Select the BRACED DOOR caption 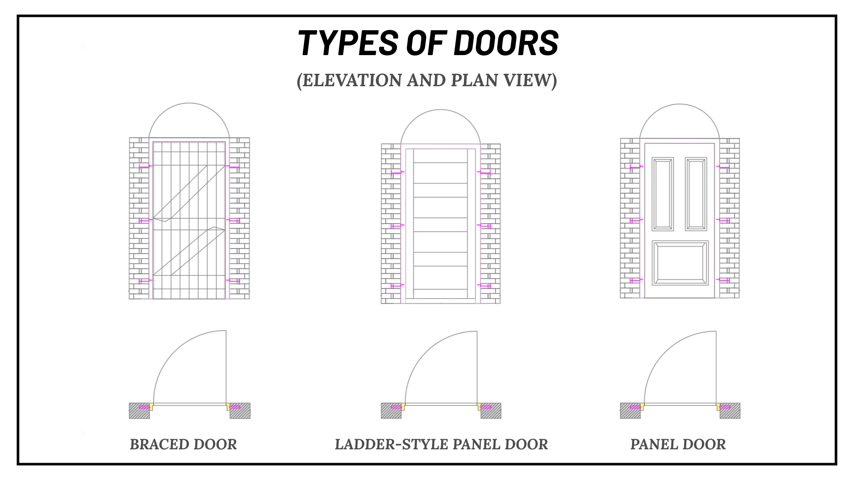point(183,444)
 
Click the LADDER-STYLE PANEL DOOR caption point(441,444)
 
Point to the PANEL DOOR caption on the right point(678,444)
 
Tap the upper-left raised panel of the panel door point(663,194)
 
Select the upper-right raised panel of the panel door point(696,194)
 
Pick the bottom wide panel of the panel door point(680,263)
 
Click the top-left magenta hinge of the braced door point(145,167)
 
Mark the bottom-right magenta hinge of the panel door point(723,280)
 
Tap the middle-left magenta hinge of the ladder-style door point(398,226)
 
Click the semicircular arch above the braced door point(189,103)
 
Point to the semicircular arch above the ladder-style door point(440,110)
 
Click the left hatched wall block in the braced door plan point(139,411)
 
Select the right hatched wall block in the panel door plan point(730,411)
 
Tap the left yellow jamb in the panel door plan point(642,406)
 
